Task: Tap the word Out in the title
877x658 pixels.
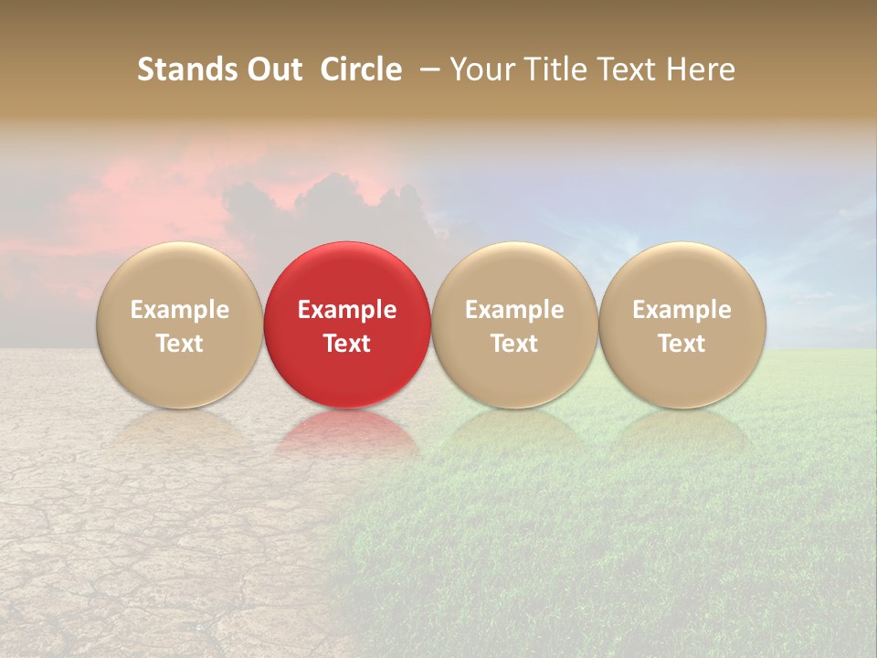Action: click(273, 69)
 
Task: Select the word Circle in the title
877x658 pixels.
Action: click(361, 69)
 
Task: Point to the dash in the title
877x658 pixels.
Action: click(427, 70)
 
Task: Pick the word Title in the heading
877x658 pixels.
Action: click(552, 69)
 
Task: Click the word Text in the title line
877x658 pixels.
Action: click(626, 69)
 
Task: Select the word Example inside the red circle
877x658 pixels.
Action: click(347, 310)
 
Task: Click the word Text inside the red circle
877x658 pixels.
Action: click(347, 344)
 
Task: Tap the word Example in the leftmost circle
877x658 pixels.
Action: click(180, 310)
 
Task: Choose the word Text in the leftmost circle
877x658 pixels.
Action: click(180, 344)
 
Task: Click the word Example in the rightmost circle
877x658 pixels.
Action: click(682, 310)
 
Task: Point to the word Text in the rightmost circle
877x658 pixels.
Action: click(682, 344)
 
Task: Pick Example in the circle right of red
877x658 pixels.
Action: click(514, 310)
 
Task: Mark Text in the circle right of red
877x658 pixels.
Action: click(514, 344)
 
